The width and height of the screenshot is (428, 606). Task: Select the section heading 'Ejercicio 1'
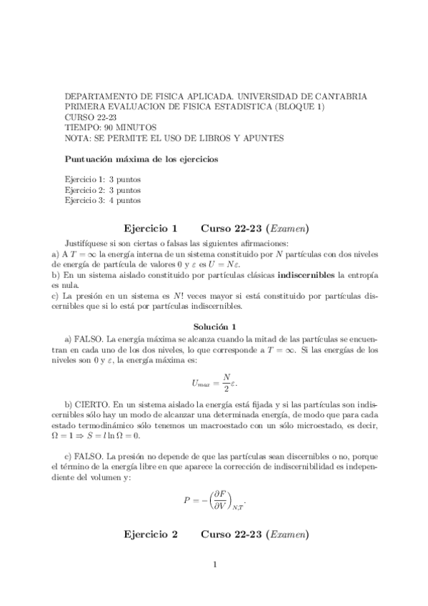pyautogui.click(x=150, y=229)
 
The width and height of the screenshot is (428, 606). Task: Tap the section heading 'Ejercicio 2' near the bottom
pyautogui.click(x=150, y=534)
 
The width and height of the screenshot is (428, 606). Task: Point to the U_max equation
pyautogui.click(x=214, y=382)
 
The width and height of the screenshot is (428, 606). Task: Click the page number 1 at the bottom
pyautogui.click(x=214, y=565)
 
